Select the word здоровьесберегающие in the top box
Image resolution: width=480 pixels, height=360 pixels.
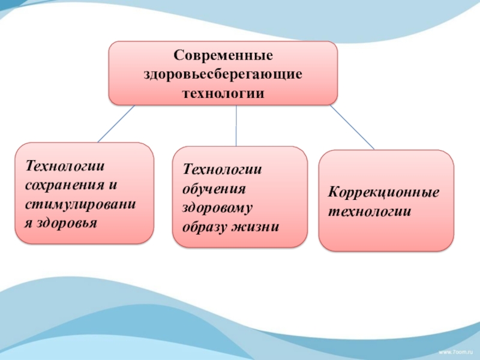coord(223,75)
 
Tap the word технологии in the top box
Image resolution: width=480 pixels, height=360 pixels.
coord(223,94)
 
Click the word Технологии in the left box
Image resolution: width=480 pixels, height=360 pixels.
coord(58,165)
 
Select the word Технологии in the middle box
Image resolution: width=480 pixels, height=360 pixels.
coord(215,170)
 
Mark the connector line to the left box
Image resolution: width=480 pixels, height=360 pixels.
coord(116,124)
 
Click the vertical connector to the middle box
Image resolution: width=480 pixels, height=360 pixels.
coord(236,125)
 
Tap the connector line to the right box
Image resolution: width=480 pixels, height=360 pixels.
coord(352,128)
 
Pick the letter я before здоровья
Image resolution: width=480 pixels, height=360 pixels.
coord(28,223)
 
